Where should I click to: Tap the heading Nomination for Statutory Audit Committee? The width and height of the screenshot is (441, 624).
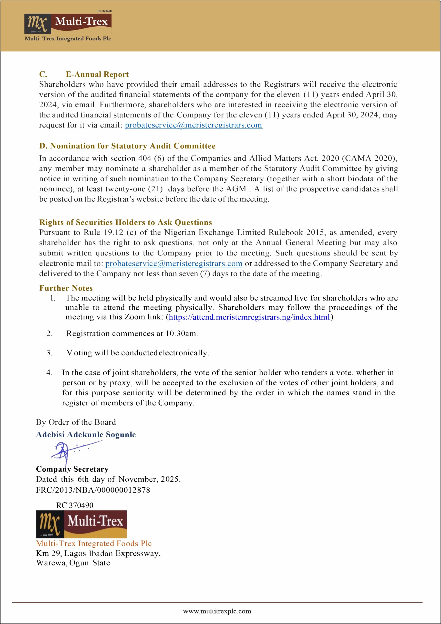coord(127,146)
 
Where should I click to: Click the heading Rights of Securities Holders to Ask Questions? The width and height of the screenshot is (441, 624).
coord(125,222)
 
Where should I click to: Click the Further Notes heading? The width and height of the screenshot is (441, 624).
coord(66,288)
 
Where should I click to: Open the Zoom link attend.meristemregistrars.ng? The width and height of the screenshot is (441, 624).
coord(249,317)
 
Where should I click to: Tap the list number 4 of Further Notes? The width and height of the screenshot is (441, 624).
coord(49,372)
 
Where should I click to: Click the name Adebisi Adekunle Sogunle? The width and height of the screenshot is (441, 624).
coord(86,434)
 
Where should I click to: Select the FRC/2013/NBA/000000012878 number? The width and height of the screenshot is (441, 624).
coord(93,490)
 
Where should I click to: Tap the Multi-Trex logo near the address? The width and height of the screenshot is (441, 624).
coord(81,524)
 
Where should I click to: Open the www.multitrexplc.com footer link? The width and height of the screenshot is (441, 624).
coord(217,611)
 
